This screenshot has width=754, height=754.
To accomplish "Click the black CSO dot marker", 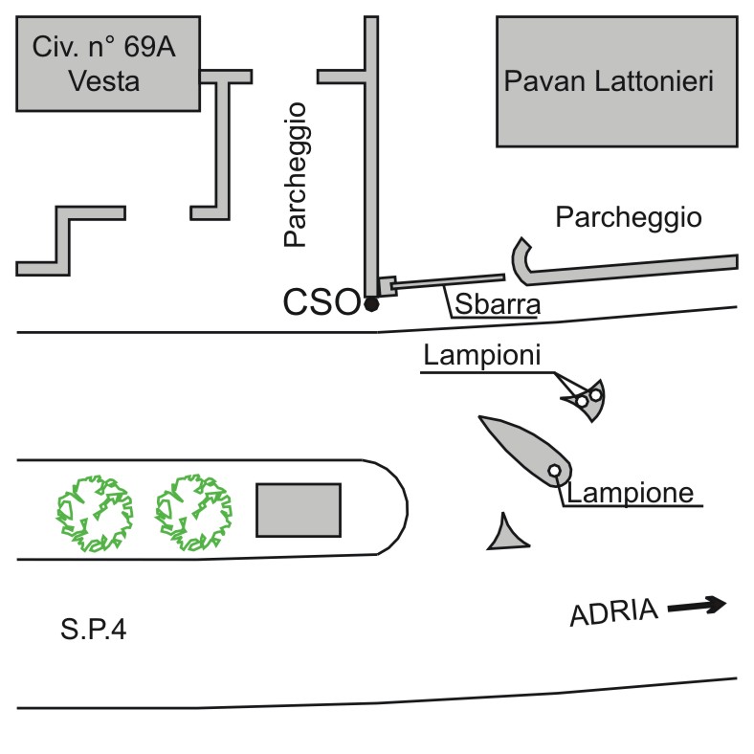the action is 371,304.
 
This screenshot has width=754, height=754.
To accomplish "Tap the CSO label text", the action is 322,302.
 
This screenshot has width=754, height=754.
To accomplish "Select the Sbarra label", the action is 498,304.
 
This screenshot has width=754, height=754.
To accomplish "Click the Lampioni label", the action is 482,355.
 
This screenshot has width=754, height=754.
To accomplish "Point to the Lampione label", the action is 630,493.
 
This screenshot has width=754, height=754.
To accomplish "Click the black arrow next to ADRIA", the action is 697,606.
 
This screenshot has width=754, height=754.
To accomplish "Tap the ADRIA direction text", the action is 613,611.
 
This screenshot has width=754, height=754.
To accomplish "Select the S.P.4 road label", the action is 93,629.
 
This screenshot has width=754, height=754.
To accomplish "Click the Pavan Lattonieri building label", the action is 609,80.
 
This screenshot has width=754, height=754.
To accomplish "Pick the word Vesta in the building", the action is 104,80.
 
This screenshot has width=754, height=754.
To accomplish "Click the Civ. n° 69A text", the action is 104,47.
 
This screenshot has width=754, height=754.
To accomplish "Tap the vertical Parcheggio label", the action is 295,174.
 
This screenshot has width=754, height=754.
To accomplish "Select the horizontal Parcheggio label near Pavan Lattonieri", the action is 629,217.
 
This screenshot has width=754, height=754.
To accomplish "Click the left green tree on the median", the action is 95,513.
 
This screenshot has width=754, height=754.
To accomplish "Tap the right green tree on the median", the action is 193,513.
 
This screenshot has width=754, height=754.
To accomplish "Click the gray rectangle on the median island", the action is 299,510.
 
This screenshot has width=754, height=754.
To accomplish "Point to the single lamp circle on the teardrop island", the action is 554,470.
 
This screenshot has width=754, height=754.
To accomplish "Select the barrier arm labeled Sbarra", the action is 448,281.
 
